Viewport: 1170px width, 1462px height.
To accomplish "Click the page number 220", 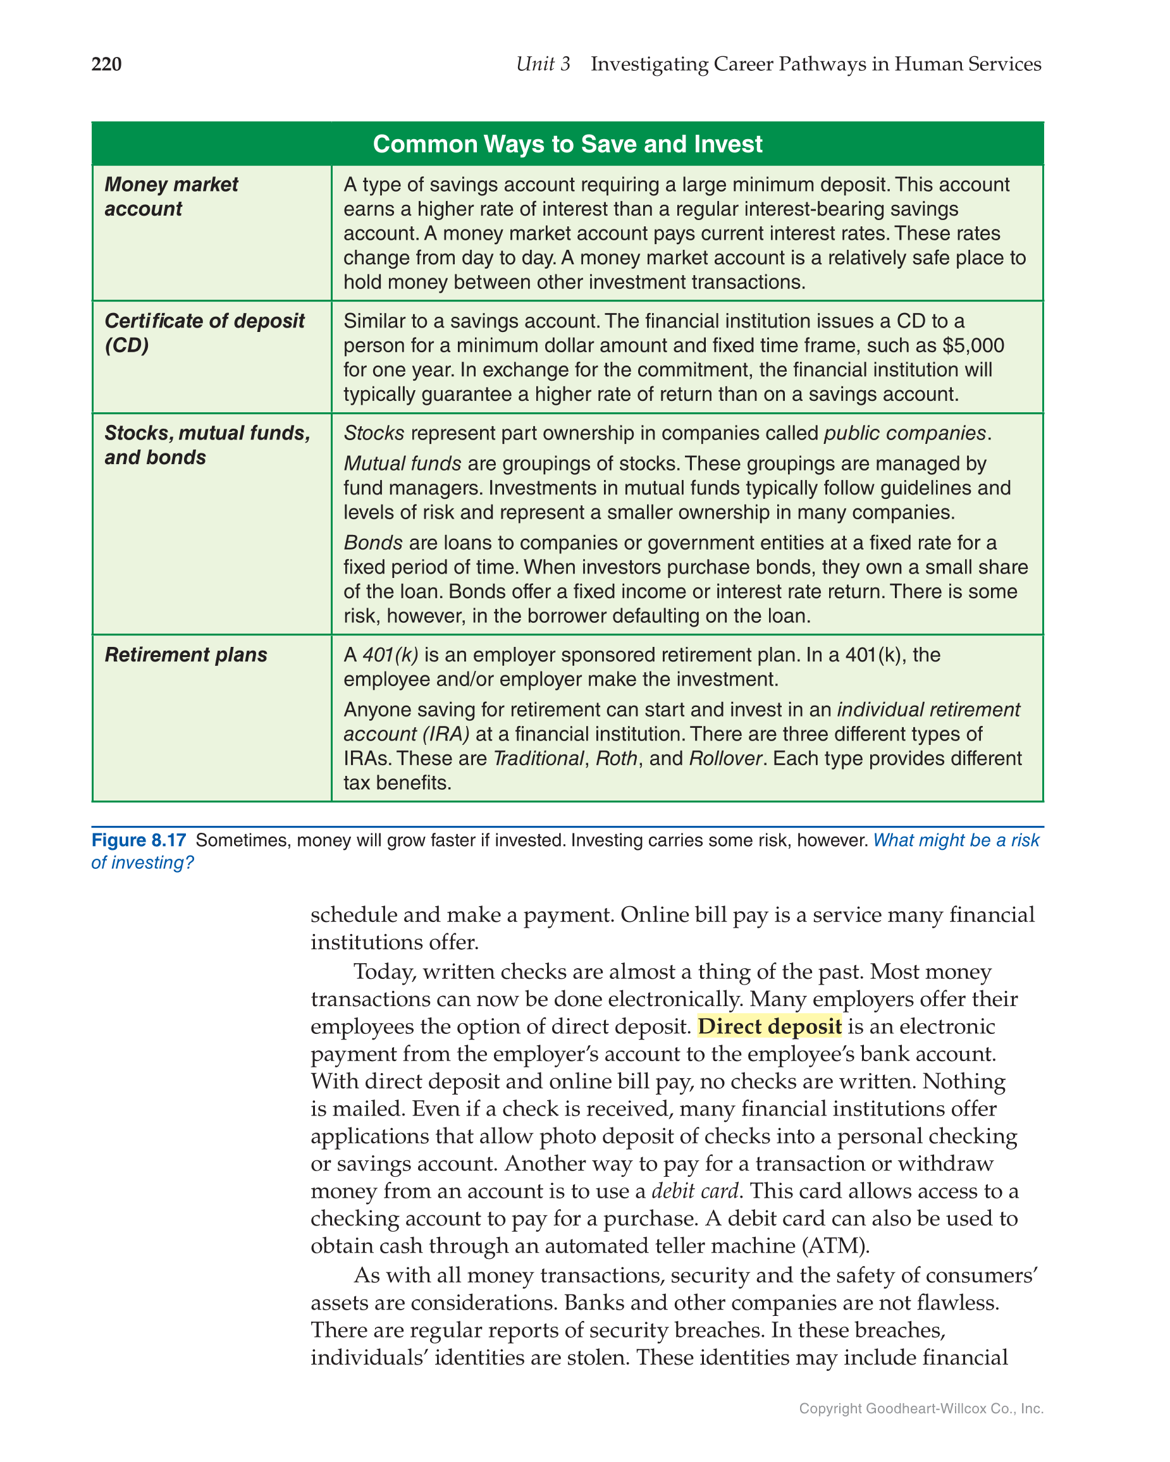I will coord(106,64).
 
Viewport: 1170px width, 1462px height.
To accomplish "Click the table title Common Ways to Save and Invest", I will coord(567,144).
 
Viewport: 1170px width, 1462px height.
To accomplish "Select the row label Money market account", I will coord(171,197).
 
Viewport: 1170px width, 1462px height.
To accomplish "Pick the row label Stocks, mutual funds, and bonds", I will coord(207,445).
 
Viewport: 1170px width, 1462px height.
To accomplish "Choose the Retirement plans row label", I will coord(186,654).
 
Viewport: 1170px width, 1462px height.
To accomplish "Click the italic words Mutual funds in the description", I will coord(402,463).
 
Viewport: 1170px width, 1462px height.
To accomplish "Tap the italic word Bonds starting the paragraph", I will coord(373,543).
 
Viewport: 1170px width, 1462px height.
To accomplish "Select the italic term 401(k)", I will coord(390,654).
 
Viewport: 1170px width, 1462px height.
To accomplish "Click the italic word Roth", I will coord(616,758).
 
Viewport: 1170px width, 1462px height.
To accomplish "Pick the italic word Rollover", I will coord(725,758).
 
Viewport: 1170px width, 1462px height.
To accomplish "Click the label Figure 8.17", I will coord(139,840).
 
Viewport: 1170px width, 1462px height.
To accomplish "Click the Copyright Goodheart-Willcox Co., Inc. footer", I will coord(920,1408).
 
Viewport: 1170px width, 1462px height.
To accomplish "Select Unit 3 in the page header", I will coord(543,64).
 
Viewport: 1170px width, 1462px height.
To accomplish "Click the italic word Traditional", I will coord(538,758).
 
